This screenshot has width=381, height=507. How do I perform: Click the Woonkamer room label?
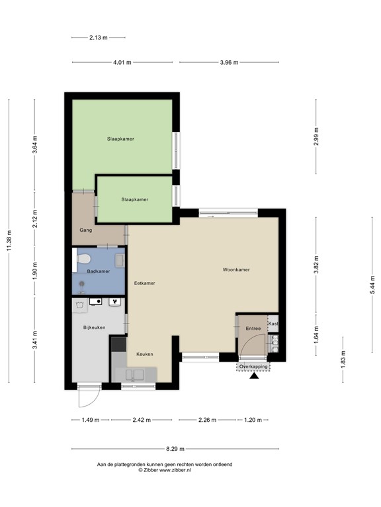pyautogui.click(x=235, y=269)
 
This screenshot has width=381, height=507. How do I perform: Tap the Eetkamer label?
pyautogui.click(x=144, y=283)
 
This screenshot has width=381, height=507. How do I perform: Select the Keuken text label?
pyautogui.click(x=145, y=355)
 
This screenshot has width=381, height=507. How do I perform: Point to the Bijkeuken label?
pyautogui.click(x=94, y=327)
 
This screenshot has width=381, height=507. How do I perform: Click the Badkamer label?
pyautogui.click(x=98, y=271)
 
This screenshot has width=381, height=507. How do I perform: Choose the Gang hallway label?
pyautogui.click(x=85, y=230)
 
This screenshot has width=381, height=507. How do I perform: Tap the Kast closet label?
pyautogui.click(x=274, y=323)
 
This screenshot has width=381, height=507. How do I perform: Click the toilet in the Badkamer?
pyautogui.click(x=81, y=261)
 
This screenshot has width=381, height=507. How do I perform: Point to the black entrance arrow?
pyautogui.click(x=253, y=378)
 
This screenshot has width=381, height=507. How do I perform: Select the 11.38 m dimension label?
pyautogui.click(x=9, y=240)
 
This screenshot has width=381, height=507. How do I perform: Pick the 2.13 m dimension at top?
pyautogui.click(x=99, y=38)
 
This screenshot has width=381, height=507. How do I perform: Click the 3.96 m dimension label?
pyautogui.click(x=228, y=62)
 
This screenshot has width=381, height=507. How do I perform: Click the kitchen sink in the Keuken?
pyautogui.click(x=138, y=375)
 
